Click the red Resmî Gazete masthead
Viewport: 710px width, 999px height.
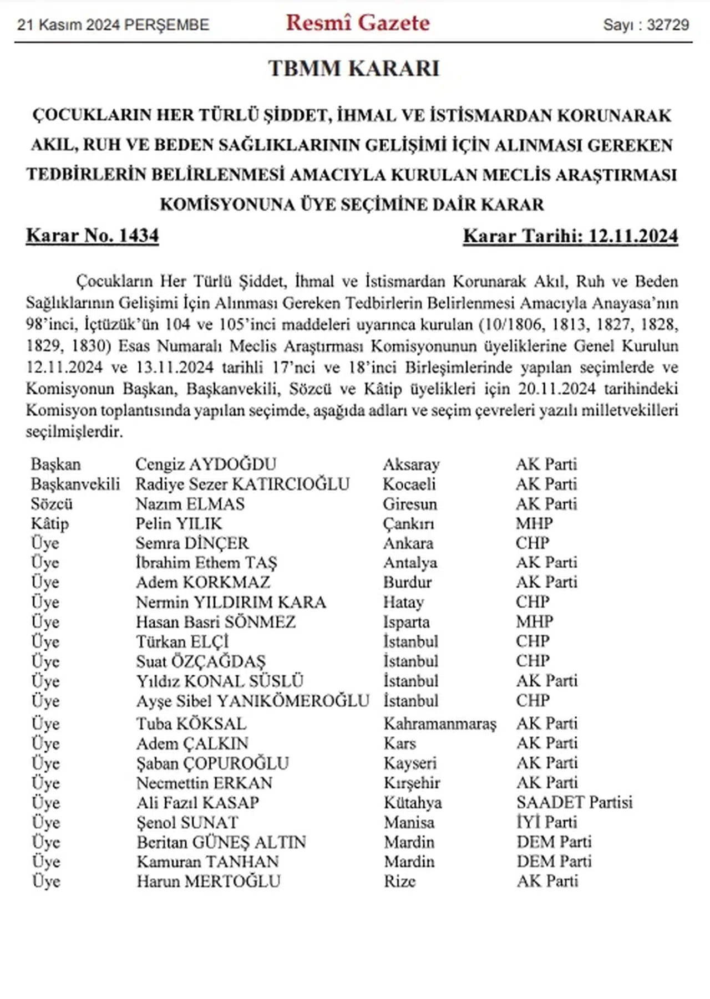(x=358, y=23)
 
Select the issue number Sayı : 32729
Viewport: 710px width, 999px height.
(x=646, y=25)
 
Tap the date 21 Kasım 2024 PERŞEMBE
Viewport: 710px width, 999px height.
(x=113, y=25)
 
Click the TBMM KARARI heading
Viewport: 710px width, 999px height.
(x=354, y=69)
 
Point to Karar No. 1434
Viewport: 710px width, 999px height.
(x=93, y=236)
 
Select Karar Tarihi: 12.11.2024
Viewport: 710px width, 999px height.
(x=570, y=236)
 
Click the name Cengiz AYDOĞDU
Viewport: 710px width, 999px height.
(x=206, y=464)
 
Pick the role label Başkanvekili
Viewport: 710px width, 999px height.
(x=75, y=484)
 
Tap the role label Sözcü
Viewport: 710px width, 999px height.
(x=52, y=504)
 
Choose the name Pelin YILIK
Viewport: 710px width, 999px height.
(x=179, y=523)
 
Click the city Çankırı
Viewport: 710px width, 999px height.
(x=408, y=523)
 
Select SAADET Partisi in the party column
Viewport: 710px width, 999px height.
(x=574, y=802)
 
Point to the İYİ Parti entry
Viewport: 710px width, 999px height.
(x=547, y=822)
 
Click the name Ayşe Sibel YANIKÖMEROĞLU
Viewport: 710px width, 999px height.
(x=252, y=701)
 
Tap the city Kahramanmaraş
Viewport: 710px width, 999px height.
(x=440, y=723)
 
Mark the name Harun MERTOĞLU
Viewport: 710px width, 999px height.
(x=209, y=881)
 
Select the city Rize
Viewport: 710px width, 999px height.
(x=399, y=881)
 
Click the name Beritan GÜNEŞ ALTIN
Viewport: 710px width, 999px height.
(x=221, y=842)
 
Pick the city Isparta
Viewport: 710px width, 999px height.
(x=406, y=622)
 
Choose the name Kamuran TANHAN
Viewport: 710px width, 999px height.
(x=207, y=862)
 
